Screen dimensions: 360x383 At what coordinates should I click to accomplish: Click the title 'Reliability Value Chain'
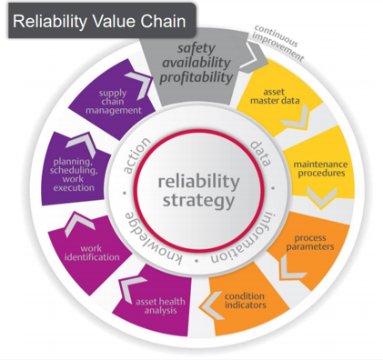[x=100, y=19]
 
